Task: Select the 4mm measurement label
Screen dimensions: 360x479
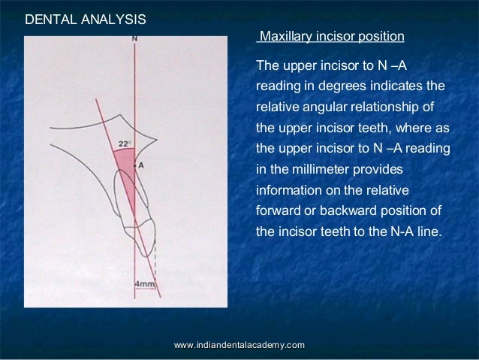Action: click(144, 285)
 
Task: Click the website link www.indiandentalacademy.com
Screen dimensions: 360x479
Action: click(239, 344)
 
